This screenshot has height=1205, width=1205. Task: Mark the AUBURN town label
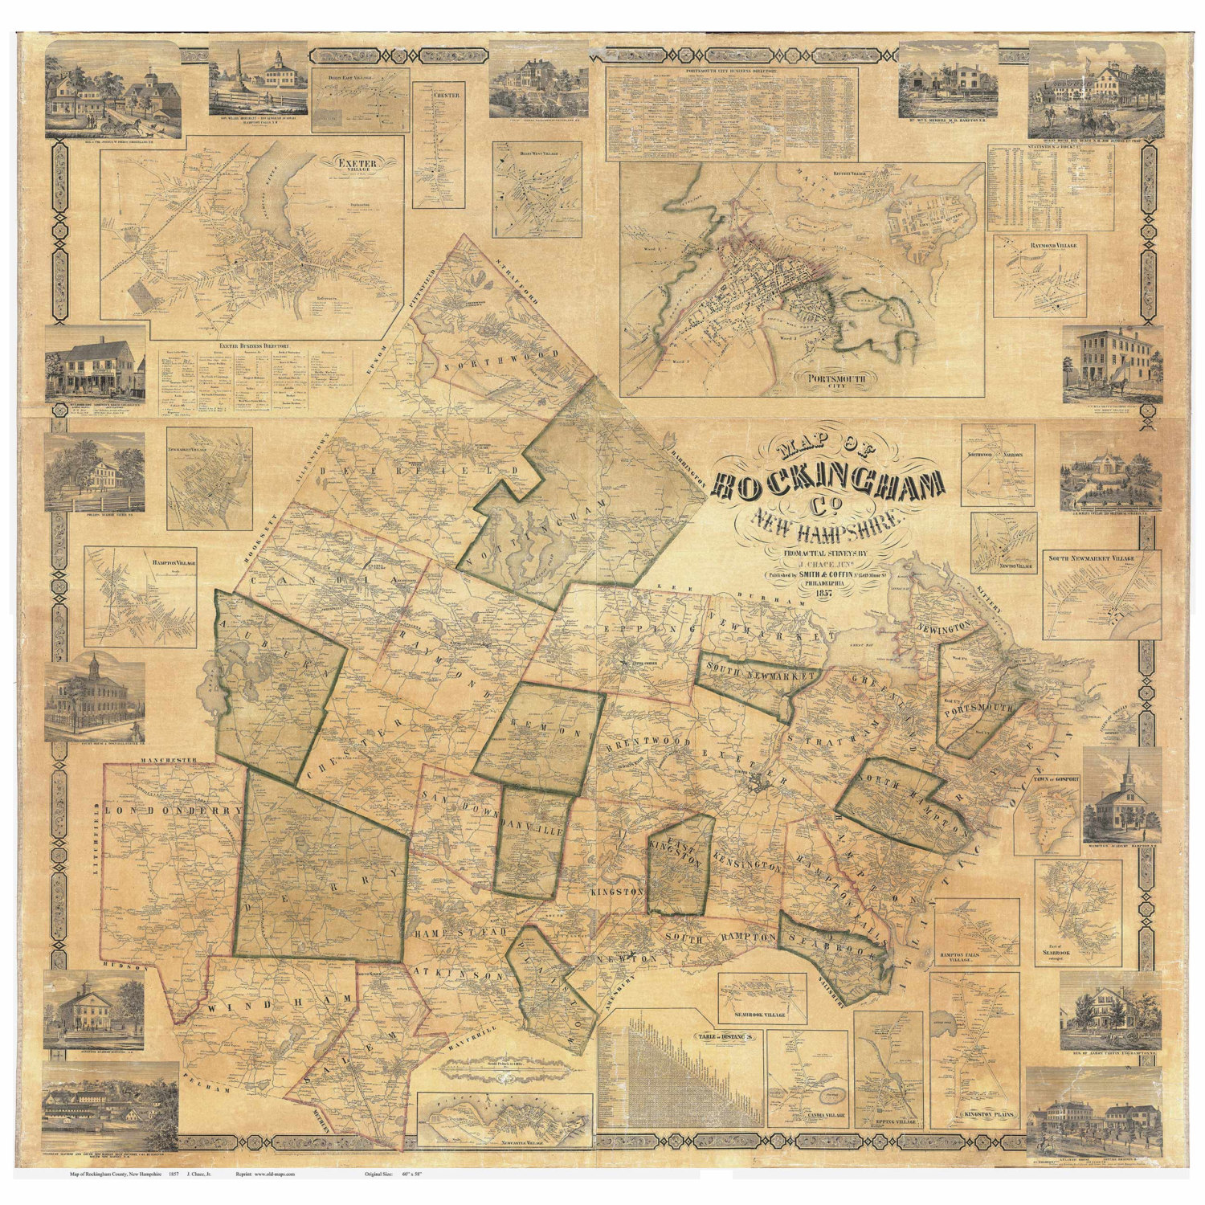tap(277, 649)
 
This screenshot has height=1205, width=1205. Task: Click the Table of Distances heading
tap(726, 1036)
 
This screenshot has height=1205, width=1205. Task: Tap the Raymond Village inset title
tap(1043, 243)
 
